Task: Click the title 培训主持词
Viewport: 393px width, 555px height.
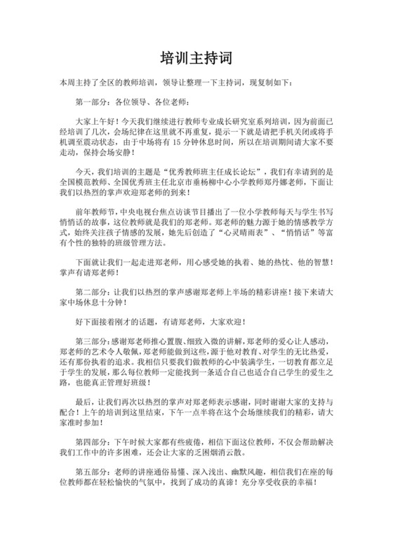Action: [x=196, y=56]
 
